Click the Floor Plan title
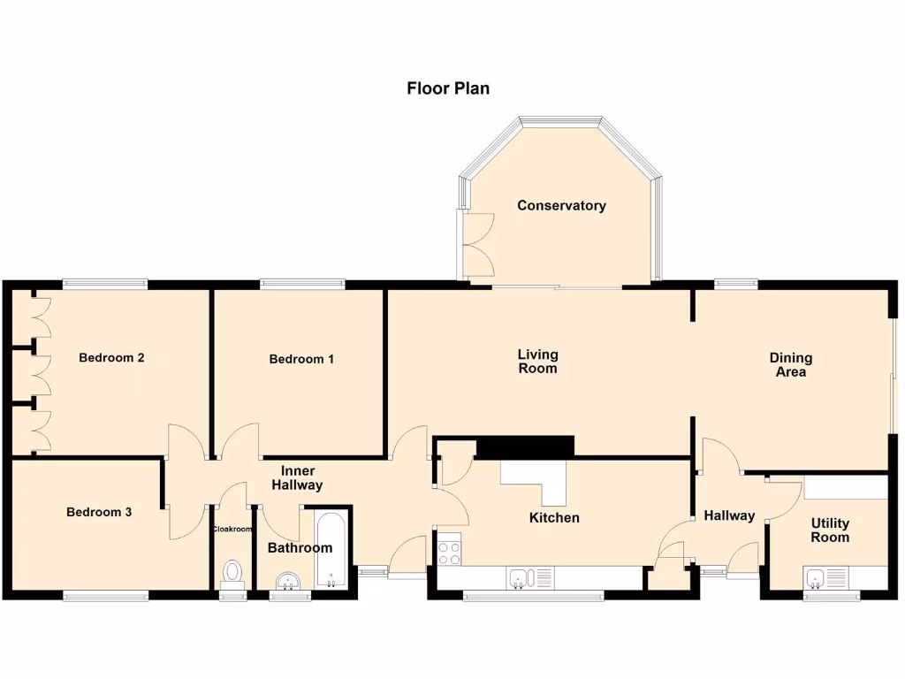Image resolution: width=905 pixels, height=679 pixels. tap(448, 88)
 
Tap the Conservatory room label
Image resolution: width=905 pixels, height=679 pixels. tap(561, 206)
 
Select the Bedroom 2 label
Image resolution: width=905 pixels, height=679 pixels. tap(111, 358)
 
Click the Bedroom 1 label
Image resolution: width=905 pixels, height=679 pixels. tap(301, 359)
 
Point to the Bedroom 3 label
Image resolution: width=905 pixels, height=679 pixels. tap(99, 512)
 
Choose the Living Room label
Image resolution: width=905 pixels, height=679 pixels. tap(537, 362)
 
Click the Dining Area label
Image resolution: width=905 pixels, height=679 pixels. tap(790, 365)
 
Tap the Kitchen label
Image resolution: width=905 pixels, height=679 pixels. tap(554, 517)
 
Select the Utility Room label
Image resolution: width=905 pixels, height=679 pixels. tap(830, 530)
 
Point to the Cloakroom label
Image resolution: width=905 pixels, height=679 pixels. tap(232, 530)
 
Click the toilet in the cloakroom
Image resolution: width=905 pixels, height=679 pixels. tap(233, 572)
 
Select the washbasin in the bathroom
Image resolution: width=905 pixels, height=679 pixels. tap(285, 581)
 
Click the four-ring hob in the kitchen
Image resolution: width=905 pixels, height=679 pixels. tap(449, 553)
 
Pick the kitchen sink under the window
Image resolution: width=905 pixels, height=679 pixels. tap(521, 578)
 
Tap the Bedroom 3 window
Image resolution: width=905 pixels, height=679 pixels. tap(106, 597)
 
